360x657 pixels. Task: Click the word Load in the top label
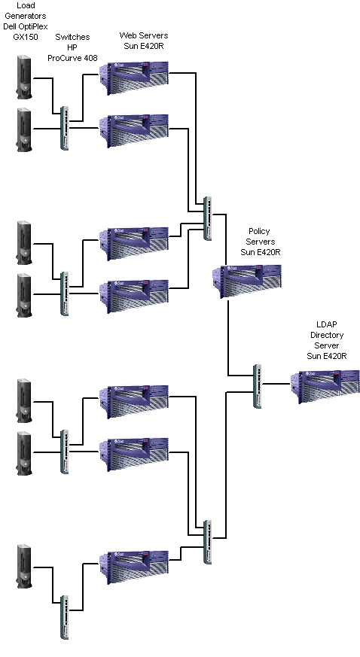(26, 5)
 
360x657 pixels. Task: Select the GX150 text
(26, 37)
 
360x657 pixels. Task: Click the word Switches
(72, 38)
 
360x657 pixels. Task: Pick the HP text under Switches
(72, 47)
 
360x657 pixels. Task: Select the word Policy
(259, 231)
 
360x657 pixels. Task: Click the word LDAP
(326, 324)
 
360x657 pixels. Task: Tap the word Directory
(327, 335)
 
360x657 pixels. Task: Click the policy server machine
(246, 281)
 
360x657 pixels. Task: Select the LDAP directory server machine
(325, 387)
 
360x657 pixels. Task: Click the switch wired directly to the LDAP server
(258, 386)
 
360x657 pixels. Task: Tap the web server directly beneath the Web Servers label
(134, 78)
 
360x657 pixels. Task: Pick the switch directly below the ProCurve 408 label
(64, 128)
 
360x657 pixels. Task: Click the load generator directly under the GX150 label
(24, 78)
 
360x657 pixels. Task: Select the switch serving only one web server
(65, 618)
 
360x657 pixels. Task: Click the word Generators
(26, 16)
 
